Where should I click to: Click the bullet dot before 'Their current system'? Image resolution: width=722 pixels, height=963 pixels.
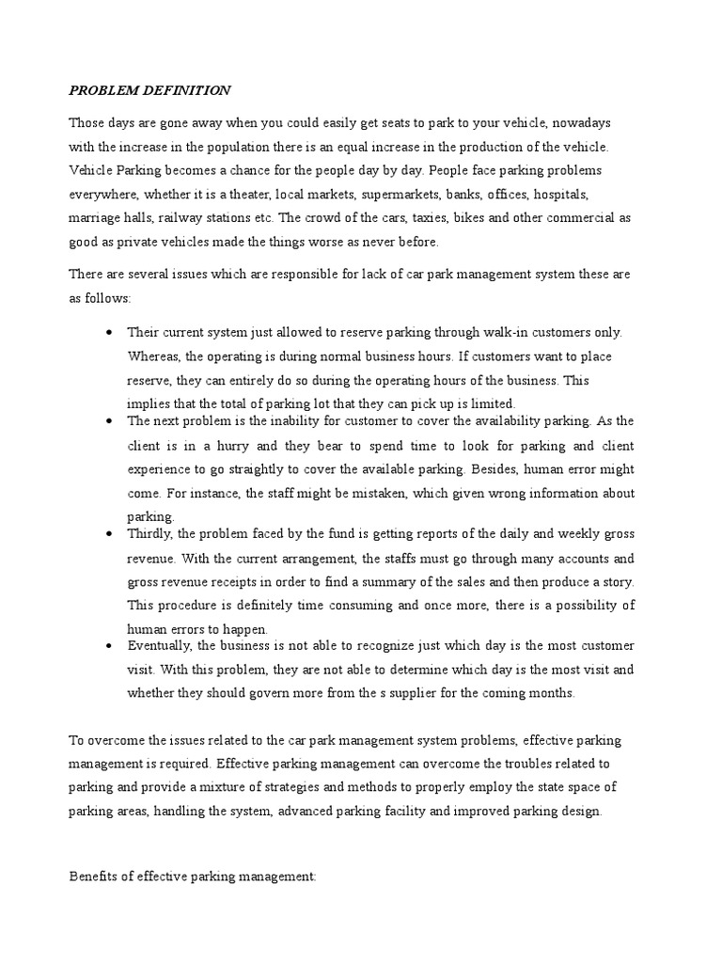(112, 332)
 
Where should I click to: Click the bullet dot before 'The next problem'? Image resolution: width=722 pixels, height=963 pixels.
(112, 420)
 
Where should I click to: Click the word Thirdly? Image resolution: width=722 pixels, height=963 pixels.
(151, 534)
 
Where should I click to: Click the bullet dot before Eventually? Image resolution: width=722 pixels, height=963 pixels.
(112, 646)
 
